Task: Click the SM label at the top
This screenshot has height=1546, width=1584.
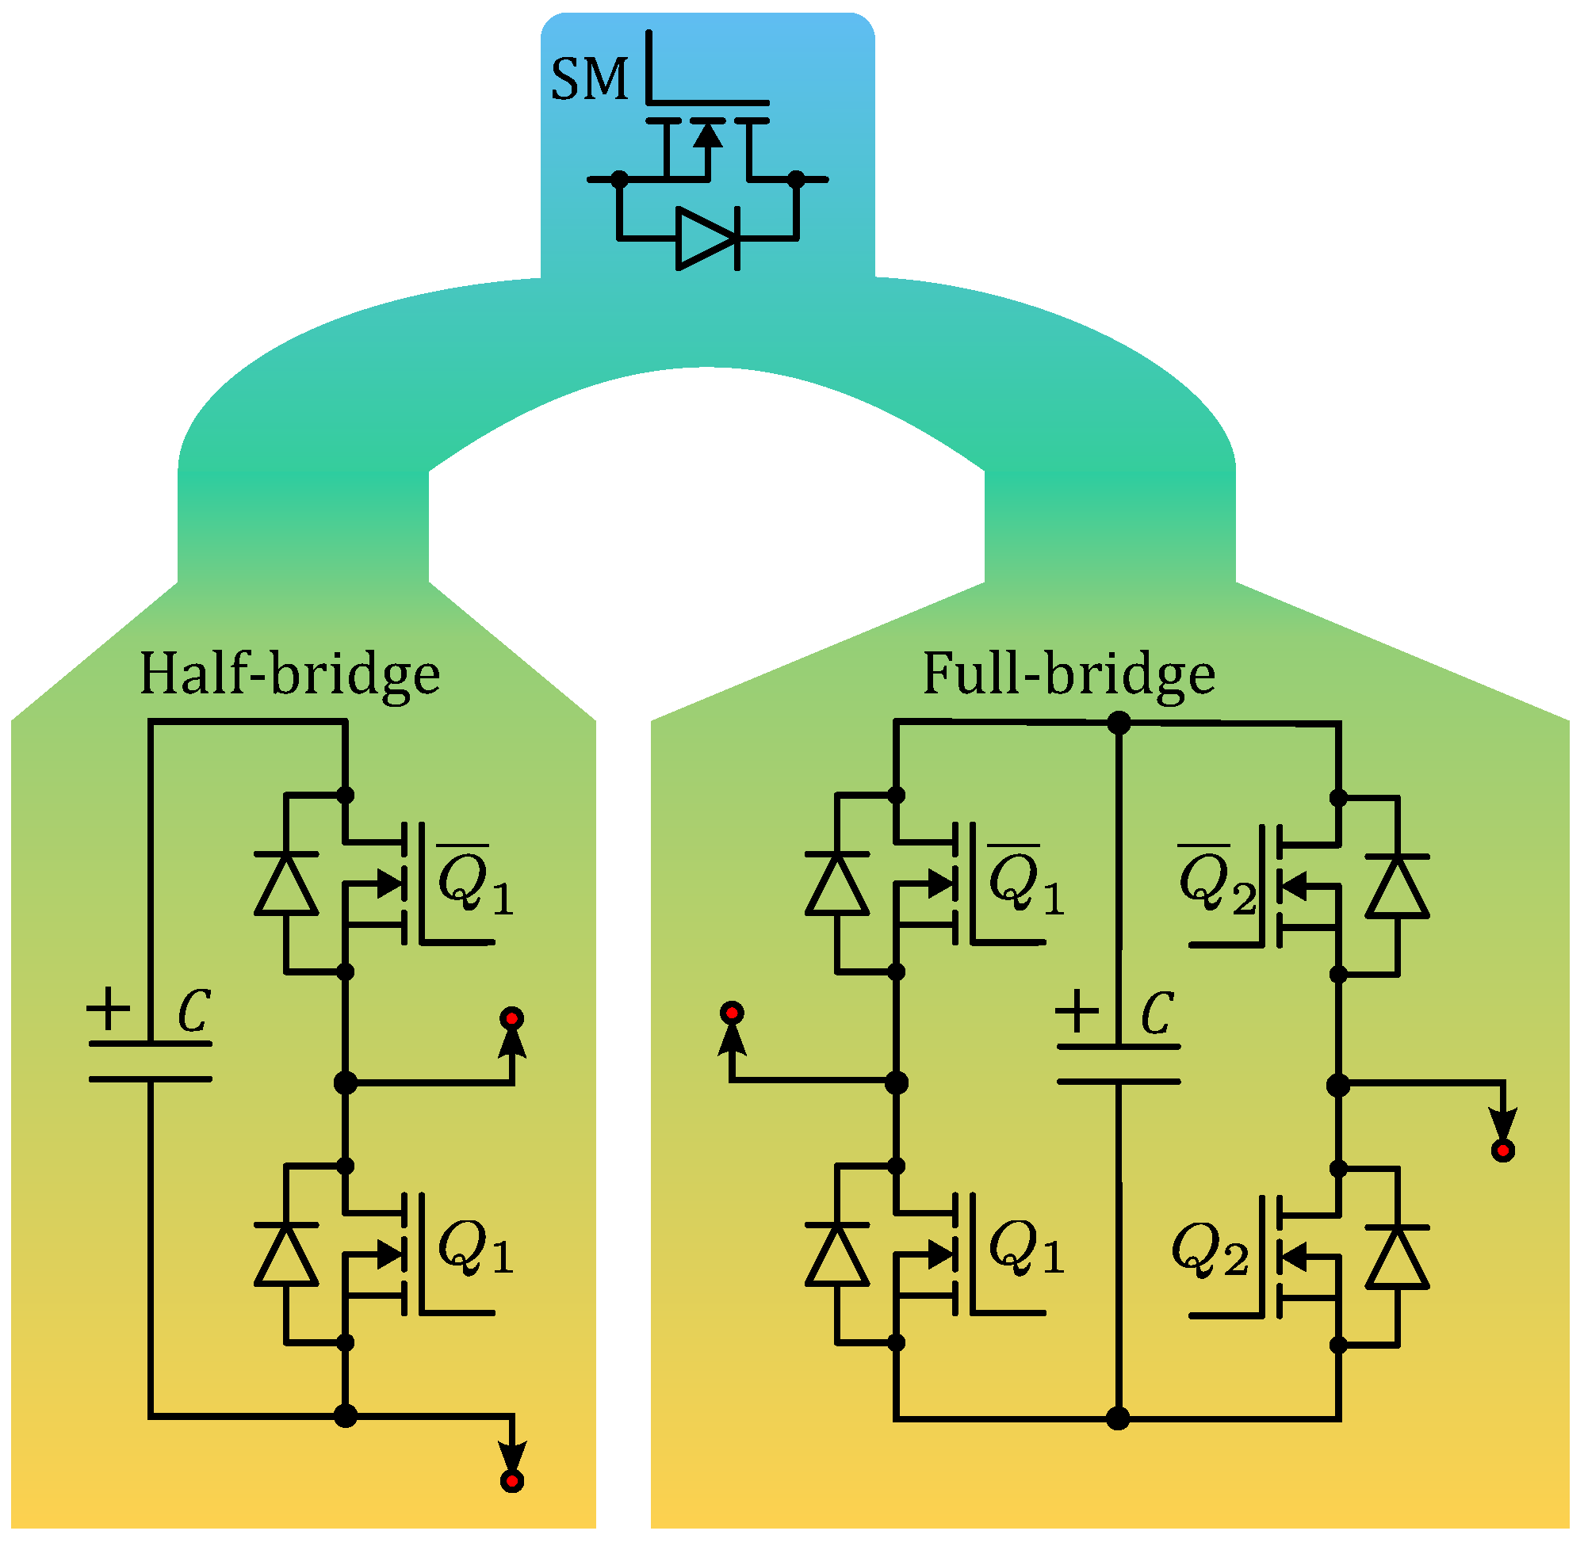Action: pos(590,80)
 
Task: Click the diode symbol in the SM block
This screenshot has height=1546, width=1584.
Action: pos(706,239)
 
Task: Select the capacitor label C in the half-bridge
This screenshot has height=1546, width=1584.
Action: pos(195,1012)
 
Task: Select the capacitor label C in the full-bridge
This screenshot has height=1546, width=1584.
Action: pos(1157,1013)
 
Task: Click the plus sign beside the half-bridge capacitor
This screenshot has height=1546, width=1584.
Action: pos(108,1010)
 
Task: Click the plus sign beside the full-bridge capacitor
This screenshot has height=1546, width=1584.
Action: pos(1077,1012)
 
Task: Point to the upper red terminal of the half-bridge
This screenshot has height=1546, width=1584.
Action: pos(512,1019)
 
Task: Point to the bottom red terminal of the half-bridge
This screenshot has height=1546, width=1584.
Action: pos(512,1482)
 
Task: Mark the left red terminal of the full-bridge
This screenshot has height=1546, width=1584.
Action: pos(732,1013)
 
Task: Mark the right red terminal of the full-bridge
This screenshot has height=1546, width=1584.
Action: pos(1503,1151)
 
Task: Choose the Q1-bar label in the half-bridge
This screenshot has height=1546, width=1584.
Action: pos(475,883)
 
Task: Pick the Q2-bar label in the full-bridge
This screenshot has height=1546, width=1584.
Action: pos(1217,883)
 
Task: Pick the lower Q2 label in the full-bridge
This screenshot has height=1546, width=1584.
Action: pos(1211,1250)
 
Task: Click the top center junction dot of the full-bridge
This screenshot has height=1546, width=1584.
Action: pos(1119,723)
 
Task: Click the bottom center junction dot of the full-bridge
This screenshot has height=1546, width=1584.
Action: pos(1119,1418)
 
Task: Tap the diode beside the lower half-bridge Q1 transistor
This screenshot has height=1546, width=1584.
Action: pos(286,1254)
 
